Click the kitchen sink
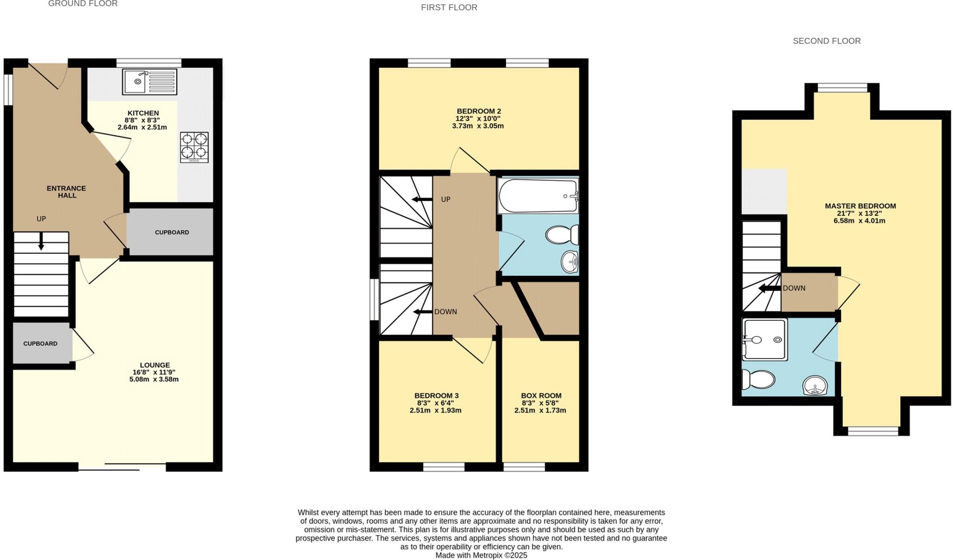click(150, 82)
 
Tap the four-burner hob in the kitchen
click(195, 147)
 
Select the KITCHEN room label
click(143, 113)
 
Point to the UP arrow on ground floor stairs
click(41, 240)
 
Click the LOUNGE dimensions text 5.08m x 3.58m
click(154, 379)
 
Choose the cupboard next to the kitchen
click(171, 232)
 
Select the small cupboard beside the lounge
click(41, 343)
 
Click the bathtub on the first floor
click(537, 196)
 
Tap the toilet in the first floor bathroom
click(561, 235)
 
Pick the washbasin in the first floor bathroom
click(569, 262)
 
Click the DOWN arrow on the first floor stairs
click(423, 312)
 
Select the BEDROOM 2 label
click(479, 111)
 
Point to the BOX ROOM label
click(541, 396)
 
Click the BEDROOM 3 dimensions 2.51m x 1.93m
click(436, 411)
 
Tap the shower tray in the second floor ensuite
click(765, 340)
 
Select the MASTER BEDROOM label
click(860, 206)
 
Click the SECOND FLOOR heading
click(826, 41)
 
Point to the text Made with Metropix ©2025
click(481, 555)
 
